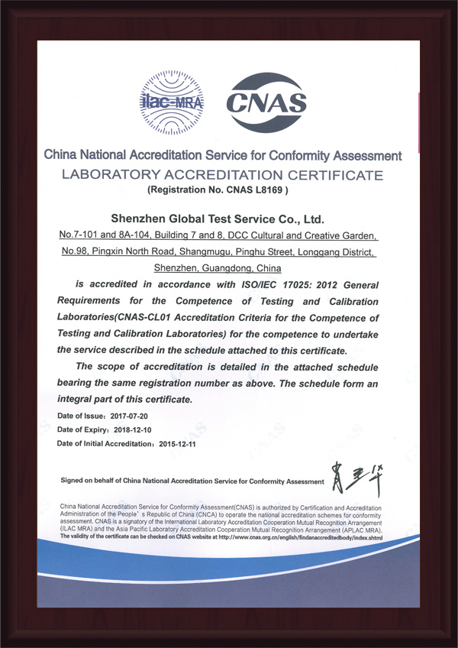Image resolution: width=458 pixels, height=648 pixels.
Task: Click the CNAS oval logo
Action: pos(268,100)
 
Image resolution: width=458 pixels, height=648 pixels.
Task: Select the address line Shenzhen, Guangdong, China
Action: pos(218,268)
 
